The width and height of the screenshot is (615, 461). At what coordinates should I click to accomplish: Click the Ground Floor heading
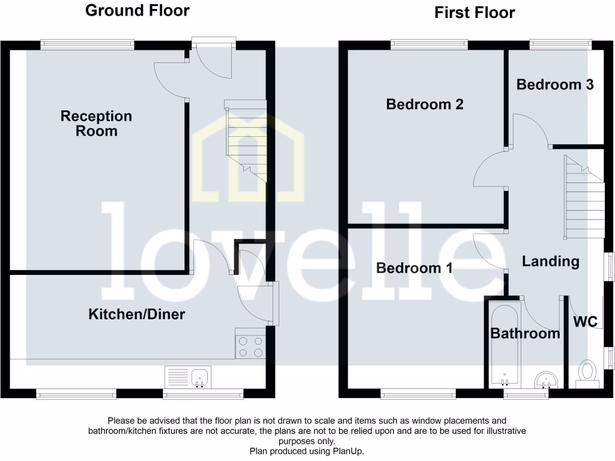click(137, 10)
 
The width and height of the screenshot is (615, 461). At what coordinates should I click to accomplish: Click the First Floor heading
click(474, 13)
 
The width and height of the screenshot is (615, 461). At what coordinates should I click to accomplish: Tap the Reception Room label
click(96, 123)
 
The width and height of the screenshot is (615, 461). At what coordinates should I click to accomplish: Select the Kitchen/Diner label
click(137, 314)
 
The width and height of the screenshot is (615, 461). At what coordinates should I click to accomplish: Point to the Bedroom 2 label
click(425, 104)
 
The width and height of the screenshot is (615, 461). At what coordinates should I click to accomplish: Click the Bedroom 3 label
click(555, 85)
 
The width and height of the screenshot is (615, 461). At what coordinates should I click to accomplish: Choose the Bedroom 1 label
click(414, 268)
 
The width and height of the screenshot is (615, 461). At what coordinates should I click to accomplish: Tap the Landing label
click(550, 261)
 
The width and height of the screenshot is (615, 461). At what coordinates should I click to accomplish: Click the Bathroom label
click(526, 333)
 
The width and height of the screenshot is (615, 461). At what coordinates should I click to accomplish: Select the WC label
click(585, 322)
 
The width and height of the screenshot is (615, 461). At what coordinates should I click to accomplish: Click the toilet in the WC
click(586, 372)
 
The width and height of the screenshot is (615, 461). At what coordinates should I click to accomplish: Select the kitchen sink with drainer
click(187, 377)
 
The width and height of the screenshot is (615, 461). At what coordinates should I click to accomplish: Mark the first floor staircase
click(584, 198)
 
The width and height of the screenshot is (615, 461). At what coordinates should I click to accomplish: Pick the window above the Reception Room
click(88, 43)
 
